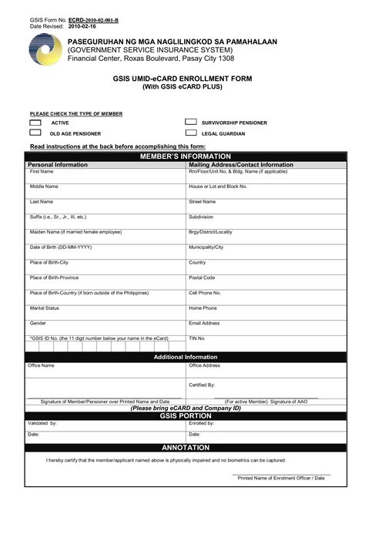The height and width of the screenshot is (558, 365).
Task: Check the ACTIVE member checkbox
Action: click(x=35, y=123)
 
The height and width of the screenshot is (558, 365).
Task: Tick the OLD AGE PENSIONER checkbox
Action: click(x=35, y=133)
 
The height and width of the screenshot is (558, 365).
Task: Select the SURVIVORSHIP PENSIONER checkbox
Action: click(x=190, y=123)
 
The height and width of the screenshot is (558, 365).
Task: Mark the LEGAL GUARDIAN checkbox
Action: click(x=190, y=133)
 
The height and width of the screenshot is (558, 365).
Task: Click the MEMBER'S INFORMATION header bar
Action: click(x=185, y=156)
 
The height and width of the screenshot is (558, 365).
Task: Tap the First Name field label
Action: click(x=42, y=171)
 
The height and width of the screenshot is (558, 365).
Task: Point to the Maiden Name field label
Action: click(x=75, y=232)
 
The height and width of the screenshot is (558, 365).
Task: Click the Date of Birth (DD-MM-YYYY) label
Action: click(x=61, y=247)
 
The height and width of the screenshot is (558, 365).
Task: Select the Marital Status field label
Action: click(x=45, y=308)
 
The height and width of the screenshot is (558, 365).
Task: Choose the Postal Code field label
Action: click(x=202, y=277)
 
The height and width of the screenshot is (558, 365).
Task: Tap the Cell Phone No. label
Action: click(x=205, y=293)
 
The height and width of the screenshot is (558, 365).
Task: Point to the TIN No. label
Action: click(x=197, y=338)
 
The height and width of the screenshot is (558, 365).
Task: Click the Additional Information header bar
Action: click(x=186, y=357)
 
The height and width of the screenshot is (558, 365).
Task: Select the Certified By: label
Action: click(x=202, y=384)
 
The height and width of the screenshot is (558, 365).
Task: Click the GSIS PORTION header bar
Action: click(x=185, y=415)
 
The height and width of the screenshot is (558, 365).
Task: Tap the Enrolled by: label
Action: click(x=202, y=423)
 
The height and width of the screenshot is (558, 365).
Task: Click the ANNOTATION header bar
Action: click(x=185, y=448)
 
